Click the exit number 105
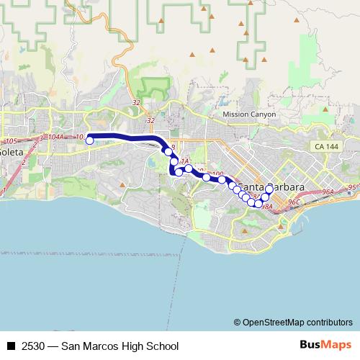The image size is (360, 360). click(x=11, y=141)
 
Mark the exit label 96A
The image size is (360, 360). click(x=328, y=192)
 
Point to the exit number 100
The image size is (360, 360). click(x=218, y=174)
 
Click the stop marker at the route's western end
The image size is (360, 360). click(x=90, y=140)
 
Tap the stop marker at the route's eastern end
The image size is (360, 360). click(x=269, y=189)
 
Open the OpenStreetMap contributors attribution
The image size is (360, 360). click(x=293, y=322)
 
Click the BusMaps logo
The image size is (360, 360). click(x=325, y=345)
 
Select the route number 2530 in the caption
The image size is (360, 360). click(x=32, y=346)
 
